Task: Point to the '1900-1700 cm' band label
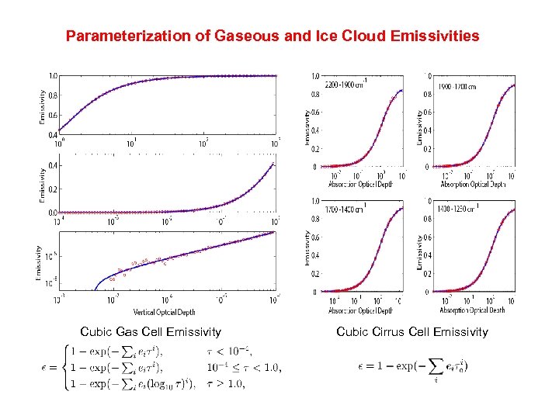coord(457,85)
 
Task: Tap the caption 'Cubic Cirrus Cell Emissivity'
coord(412,332)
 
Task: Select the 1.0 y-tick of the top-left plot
coord(53,76)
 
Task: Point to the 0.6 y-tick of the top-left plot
coord(53,115)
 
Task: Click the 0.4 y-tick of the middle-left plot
coord(53,165)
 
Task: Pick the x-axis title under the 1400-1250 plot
coord(472,310)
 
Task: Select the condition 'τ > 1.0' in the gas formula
coord(227,383)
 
